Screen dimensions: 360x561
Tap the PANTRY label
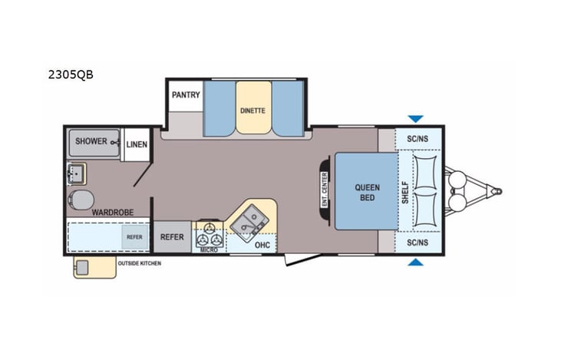(x=186, y=96)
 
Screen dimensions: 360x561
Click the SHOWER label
(x=91, y=142)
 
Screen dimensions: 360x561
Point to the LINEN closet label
(x=137, y=144)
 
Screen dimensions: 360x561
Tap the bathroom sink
(x=77, y=172)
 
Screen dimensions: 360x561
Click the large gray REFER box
(x=172, y=237)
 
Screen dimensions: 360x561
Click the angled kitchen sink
(x=250, y=222)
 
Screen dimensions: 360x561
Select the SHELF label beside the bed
(x=405, y=192)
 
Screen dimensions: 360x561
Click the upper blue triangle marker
(x=415, y=119)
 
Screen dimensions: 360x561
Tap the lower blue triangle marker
(x=415, y=263)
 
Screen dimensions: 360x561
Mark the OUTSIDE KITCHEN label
(x=140, y=263)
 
